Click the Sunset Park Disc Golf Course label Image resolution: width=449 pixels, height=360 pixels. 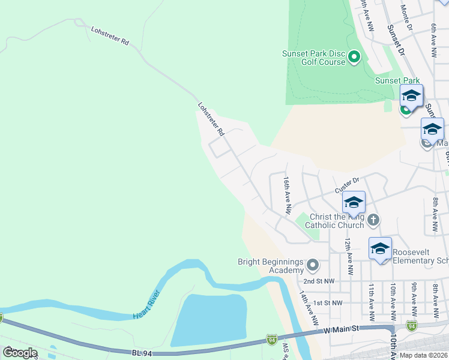click(x=313, y=58)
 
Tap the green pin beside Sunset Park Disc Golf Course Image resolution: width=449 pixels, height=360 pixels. click(x=354, y=58)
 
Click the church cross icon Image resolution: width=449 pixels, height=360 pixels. click(x=373, y=220)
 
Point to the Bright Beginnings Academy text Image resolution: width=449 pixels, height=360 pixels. click(x=271, y=266)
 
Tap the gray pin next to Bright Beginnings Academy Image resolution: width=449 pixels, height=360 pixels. click(x=312, y=265)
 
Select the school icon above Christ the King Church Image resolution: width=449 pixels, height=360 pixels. click(x=354, y=202)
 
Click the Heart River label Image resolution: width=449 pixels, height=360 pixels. click(x=146, y=304)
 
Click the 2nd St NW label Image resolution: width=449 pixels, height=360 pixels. click(x=318, y=281)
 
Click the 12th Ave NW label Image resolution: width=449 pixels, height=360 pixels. click(x=348, y=251)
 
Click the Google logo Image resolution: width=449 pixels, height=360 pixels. click(x=20, y=352)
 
